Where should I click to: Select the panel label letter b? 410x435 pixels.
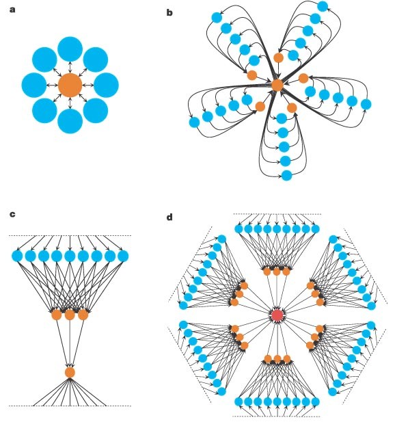(x=169, y=12)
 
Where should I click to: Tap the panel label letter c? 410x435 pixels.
(x=12, y=214)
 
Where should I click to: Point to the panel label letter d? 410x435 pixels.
(x=169, y=217)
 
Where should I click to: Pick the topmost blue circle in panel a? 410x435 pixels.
(x=70, y=49)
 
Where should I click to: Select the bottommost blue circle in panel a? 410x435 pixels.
(x=70, y=121)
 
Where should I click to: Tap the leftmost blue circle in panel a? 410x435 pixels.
(x=34, y=85)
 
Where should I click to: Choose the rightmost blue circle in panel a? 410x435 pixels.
(x=107, y=85)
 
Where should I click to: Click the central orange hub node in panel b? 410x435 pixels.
(x=277, y=85)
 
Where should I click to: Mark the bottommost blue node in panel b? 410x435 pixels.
(x=287, y=175)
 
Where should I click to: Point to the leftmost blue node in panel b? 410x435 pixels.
(x=194, y=122)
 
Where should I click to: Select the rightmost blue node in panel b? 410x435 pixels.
(x=366, y=105)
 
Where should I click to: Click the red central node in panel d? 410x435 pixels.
(x=277, y=315)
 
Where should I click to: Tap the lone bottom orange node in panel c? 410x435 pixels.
(x=70, y=372)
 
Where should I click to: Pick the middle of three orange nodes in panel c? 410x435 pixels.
(x=70, y=315)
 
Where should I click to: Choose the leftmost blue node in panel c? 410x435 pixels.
(x=17, y=256)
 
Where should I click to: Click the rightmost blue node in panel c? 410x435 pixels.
(x=123, y=256)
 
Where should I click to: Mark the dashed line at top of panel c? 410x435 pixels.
(x=68, y=236)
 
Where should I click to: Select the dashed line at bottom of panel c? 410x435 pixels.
(x=68, y=406)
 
